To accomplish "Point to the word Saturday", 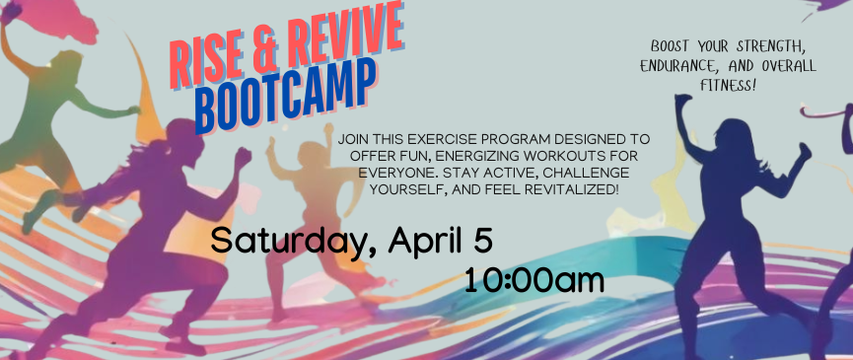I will point(286,240).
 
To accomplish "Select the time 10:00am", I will point(533,280).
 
